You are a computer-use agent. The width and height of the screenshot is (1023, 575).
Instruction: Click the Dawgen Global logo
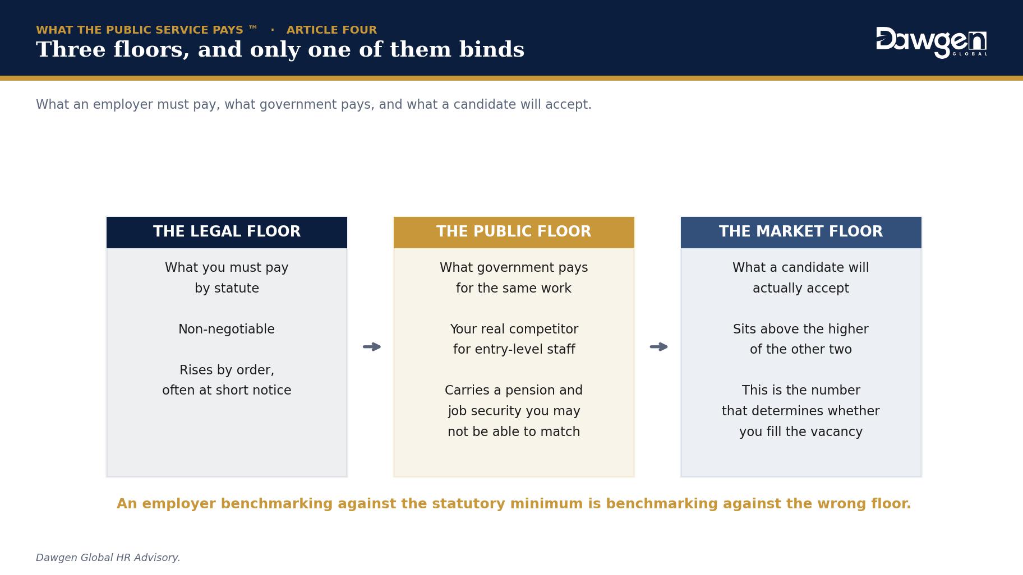[x=931, y=42]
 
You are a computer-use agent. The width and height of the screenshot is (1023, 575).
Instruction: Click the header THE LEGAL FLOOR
[x=227, y=231]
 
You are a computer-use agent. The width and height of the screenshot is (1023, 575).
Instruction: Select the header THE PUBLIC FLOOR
[x=514, y=231]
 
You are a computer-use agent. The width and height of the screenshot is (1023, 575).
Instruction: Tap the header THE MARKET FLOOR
[x=801, y=231]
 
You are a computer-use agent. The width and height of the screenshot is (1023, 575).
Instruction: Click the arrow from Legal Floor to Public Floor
[x=372, y=347]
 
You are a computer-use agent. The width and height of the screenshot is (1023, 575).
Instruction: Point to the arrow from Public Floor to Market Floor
[x=659, y=347]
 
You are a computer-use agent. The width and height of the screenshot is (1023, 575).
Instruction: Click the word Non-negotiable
[x=227, y=329]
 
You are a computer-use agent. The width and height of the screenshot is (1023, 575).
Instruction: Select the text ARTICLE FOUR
[x=331, y=30]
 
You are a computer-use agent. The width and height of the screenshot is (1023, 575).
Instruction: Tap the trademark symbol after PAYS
[x=253, y=27]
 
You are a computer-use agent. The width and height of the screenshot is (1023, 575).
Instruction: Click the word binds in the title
[x=492, y=49]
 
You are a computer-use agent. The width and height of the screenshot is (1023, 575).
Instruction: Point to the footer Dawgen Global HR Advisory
[x=108, y=558]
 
